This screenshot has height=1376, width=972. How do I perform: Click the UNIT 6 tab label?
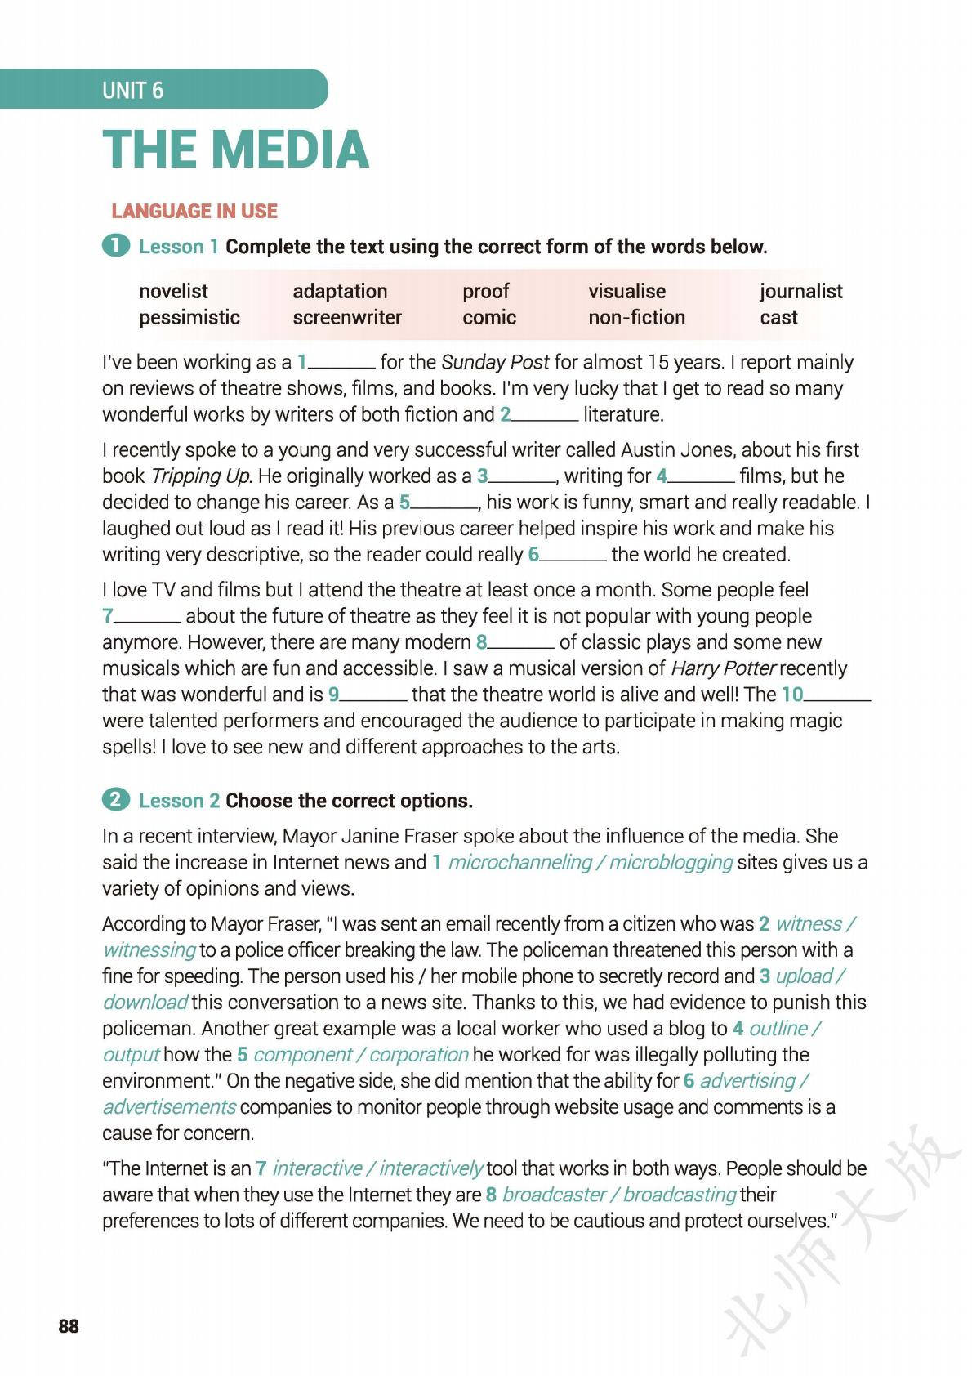pos(132,90)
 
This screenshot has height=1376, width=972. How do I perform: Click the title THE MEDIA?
pos(236,150)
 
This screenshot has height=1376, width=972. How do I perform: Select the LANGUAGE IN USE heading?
pos(194,212)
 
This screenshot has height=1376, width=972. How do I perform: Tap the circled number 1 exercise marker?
pos(115,246)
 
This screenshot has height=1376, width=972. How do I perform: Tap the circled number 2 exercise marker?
pos(115,800)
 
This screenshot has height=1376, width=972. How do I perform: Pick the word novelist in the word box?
pos(173,291)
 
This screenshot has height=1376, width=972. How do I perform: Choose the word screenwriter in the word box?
pos(347,317)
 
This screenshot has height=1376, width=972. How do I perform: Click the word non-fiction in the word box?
pos(636,317)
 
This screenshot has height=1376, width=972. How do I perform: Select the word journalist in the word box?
pos(800,291)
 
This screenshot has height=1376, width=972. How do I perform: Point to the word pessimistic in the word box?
pos(189,317)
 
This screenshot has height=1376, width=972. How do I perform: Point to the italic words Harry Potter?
pos(722,668)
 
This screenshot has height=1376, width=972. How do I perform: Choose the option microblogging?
pos(671,862)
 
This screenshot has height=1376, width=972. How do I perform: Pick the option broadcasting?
pos(680,1195)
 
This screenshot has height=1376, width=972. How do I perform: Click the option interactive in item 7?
pos(317,1168)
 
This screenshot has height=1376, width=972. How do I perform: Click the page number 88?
pos(69,1326)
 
